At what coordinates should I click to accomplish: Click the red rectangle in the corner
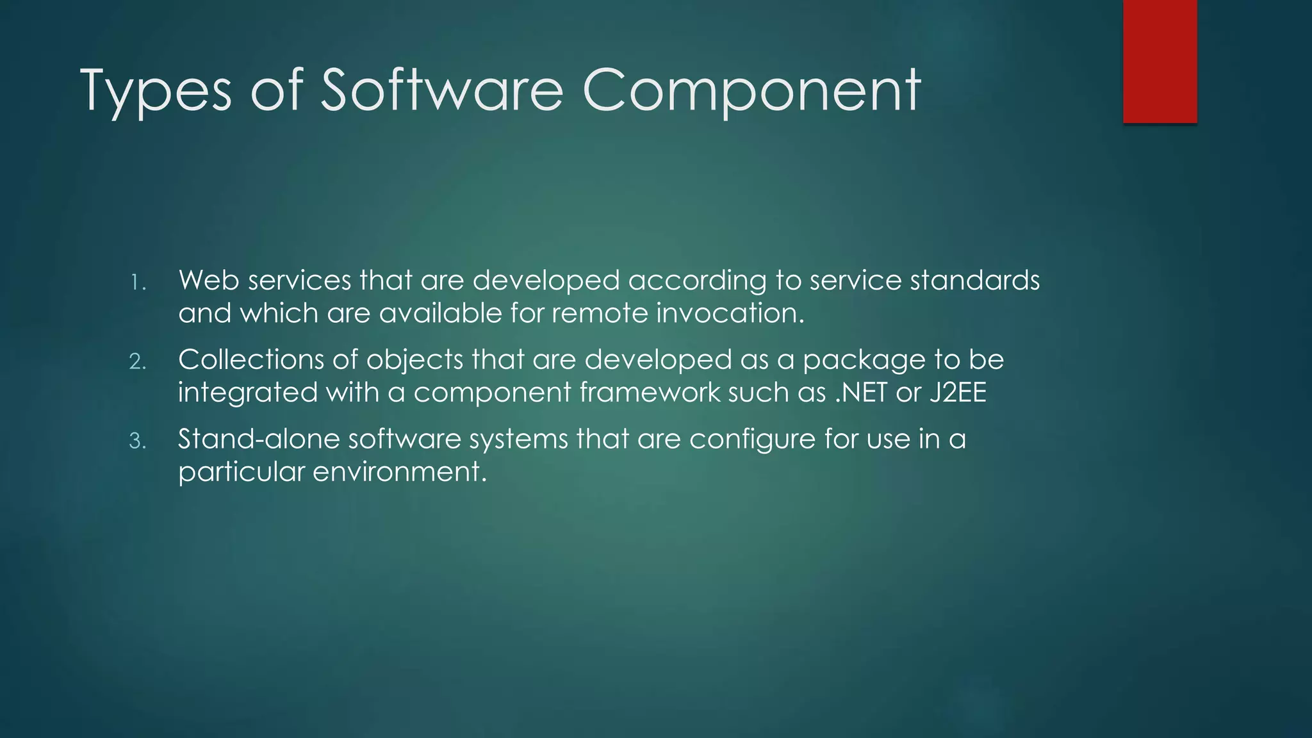point(1160,61)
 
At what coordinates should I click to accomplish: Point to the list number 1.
point(138,283)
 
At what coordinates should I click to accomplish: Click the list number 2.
point(138,362)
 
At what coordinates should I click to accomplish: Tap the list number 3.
point(138,441)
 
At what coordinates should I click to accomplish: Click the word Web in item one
point(208,281)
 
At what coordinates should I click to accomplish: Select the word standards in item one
point(974,281)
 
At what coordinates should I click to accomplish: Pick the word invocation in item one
point(729,313)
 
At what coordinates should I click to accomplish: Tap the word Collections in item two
point(250,360)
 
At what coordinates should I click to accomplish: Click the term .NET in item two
point(862,393)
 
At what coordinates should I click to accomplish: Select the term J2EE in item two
point(958,393)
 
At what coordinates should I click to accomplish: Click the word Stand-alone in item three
point(259,439)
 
